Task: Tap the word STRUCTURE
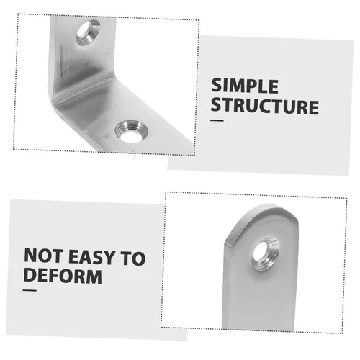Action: point(265,107)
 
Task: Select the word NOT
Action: point(45,257)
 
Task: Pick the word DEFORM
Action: point(63,276)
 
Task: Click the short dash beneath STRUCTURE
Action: point(217,122)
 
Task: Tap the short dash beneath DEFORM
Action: point(30,291)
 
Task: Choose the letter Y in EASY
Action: point(115,257)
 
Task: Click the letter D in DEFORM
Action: point(30,276)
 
